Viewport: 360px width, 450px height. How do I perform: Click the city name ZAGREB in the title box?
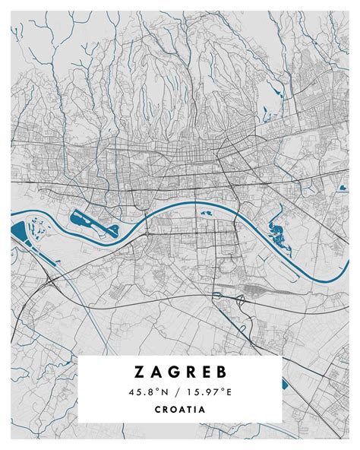pos(180,372)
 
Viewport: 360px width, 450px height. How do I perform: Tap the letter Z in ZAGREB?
pos(139,372)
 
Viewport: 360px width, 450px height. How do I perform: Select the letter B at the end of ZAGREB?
pos(221,372)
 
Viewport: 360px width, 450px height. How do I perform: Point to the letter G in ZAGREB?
pos(172,372)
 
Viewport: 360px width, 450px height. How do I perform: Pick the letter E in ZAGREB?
pos(205,372)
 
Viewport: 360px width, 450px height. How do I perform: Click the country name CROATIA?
pos(180,409)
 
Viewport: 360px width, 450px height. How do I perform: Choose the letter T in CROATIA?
pos(190,409)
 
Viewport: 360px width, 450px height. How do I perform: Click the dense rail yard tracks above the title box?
pos(254,290)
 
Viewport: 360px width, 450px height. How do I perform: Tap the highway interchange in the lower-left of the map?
pos(49,281)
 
